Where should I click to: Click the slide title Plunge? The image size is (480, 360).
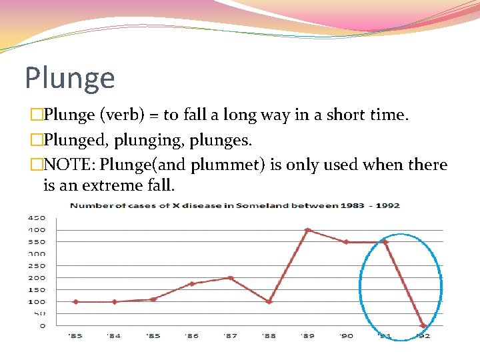(70, 78)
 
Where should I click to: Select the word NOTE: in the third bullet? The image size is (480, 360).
(69, 165)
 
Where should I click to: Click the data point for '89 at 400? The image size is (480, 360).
(307, 230)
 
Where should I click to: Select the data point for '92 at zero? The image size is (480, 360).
(423, 325)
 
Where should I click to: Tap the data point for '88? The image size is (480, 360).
(269, 301)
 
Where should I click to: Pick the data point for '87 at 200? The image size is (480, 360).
(230, 278)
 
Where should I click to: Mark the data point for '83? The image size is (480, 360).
(75, 301)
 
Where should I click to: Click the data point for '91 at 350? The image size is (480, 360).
(385, 242)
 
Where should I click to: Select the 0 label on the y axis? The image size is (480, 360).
(42, 325)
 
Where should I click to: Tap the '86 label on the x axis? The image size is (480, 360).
(191, 335)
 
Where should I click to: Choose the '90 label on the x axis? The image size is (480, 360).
(346, 335)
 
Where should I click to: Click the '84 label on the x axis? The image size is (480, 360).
(114, 335)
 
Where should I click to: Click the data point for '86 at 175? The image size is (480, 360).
(191, 284)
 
